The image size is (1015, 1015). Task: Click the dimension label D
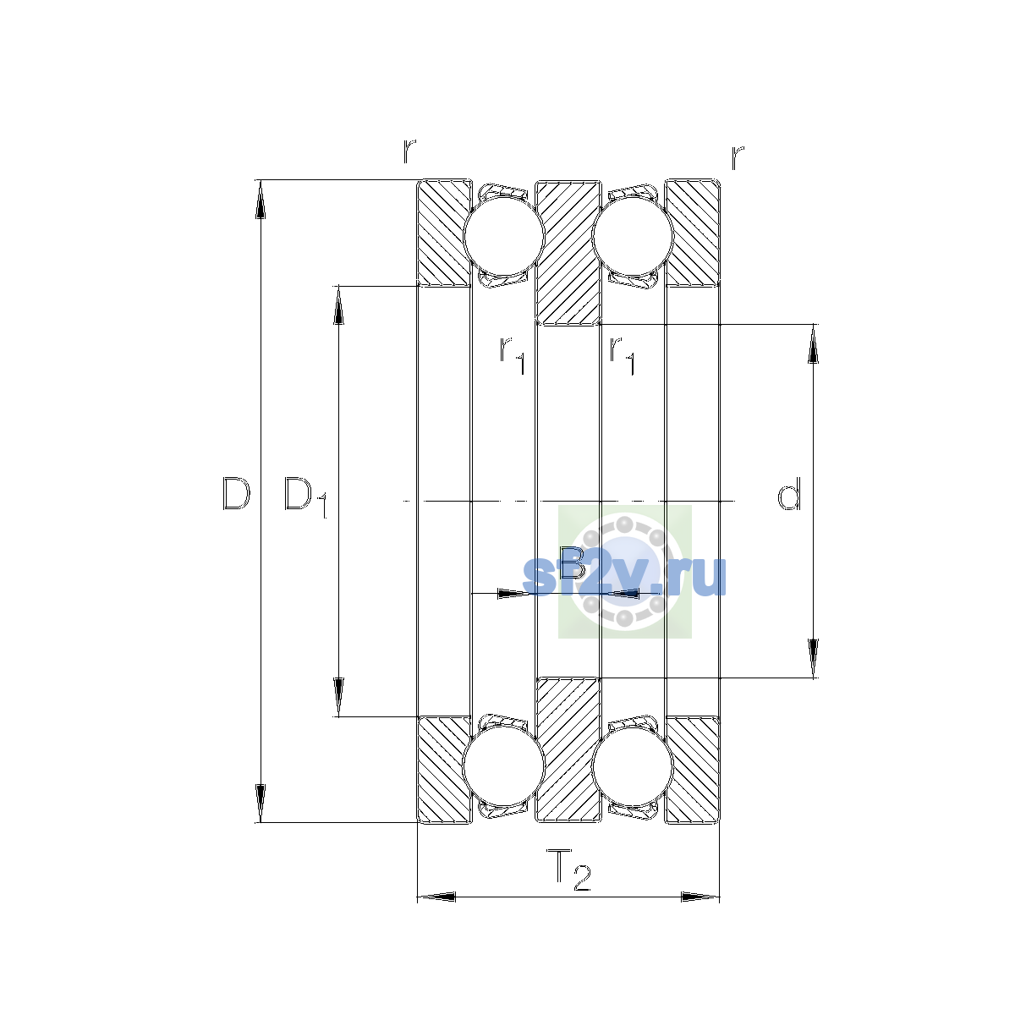tap(235, 493)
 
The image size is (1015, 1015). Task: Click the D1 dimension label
tap(305, 497)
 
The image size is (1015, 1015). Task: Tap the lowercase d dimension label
tap(789, 493)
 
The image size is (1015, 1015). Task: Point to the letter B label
tap(572, 562)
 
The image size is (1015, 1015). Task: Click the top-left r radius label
tap(409, 151)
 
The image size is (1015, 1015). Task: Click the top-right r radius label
tap(738, 157)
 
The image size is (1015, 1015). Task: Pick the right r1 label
tap(622, 355)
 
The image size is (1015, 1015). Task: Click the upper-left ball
tap(503, 237)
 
